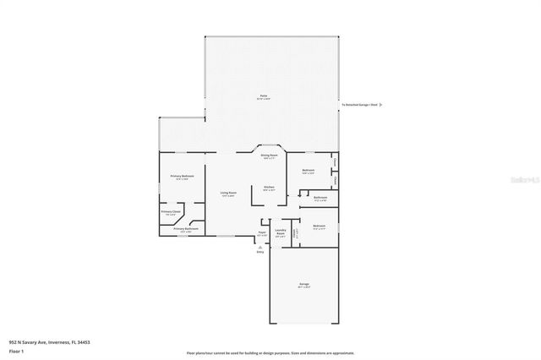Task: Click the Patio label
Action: [x=264, y=97]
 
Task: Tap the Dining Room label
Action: [x=270, y=155]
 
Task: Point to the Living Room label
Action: [x=228, y=193]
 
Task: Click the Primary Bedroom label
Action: [x=182, y=176]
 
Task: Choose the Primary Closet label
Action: [x=171, y=211]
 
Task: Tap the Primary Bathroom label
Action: [x=186, y=228]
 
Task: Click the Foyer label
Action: [x=262, y=232]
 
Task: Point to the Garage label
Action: [x=303, y=284]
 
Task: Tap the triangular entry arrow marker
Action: [x=260, y=247]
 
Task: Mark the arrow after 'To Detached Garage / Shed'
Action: [x=381, y=105]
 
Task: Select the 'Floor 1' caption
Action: [x=16, y=350]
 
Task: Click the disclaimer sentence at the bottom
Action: [x=270, y=352]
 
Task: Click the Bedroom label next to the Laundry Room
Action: [x=319, y=226]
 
